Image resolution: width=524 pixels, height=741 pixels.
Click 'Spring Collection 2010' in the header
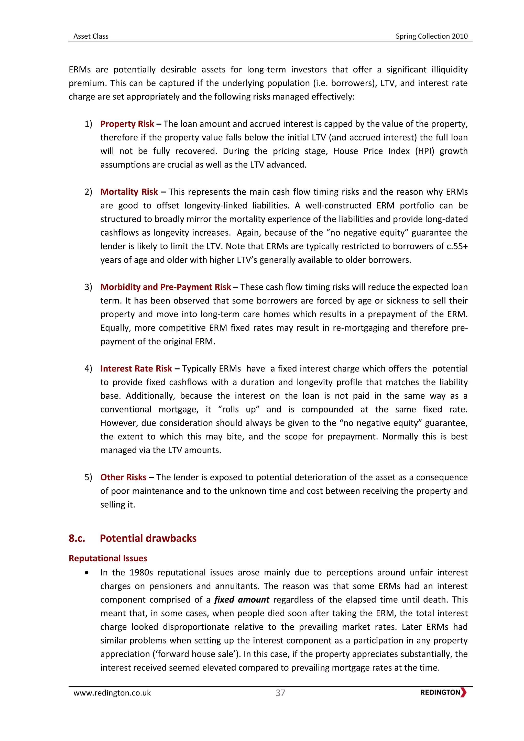[431, 36]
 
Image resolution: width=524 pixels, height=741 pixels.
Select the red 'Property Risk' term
[127, 124]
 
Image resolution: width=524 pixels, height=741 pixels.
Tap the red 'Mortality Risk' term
[129, 192]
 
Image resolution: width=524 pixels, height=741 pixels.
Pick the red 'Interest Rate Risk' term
[136, 368]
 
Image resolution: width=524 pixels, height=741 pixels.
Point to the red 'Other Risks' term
[123, 477]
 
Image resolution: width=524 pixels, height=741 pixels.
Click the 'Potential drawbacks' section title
[148, 538]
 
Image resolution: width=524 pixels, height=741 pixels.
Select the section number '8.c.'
[77, 538]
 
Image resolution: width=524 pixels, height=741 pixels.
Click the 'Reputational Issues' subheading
[108, 558]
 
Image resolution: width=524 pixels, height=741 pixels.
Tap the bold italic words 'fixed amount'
[242, 600]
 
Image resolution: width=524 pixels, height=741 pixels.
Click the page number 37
[280, 693]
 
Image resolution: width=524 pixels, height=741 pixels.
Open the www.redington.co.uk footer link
[112, 693]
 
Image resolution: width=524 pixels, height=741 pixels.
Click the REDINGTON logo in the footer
[443, 692]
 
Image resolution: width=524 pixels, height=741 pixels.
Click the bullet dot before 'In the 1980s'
[86, 573]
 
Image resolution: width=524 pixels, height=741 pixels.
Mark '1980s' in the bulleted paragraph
[141, 573]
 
